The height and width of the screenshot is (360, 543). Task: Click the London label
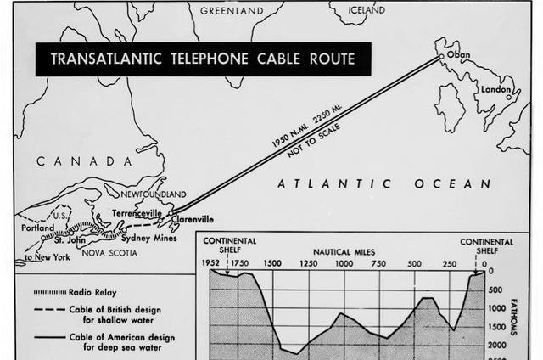[495, 89]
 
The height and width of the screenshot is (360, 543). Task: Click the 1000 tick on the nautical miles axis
[344, 263]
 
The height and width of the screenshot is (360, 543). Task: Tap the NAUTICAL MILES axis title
[344, 252]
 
